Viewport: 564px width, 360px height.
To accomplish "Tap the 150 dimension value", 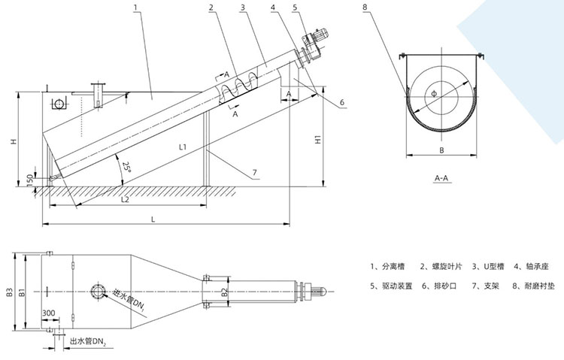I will click(29, 180).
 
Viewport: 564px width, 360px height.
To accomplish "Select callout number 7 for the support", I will click(255, 173).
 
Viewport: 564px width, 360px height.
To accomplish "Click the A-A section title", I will click(442, 178).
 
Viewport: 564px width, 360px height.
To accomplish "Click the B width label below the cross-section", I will click(441, 150).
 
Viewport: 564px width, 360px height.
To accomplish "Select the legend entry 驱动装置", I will click(393, 286).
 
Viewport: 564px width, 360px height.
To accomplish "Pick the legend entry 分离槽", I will click(391, 266).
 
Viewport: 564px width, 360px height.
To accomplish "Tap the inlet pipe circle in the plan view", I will click(99, 291).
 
